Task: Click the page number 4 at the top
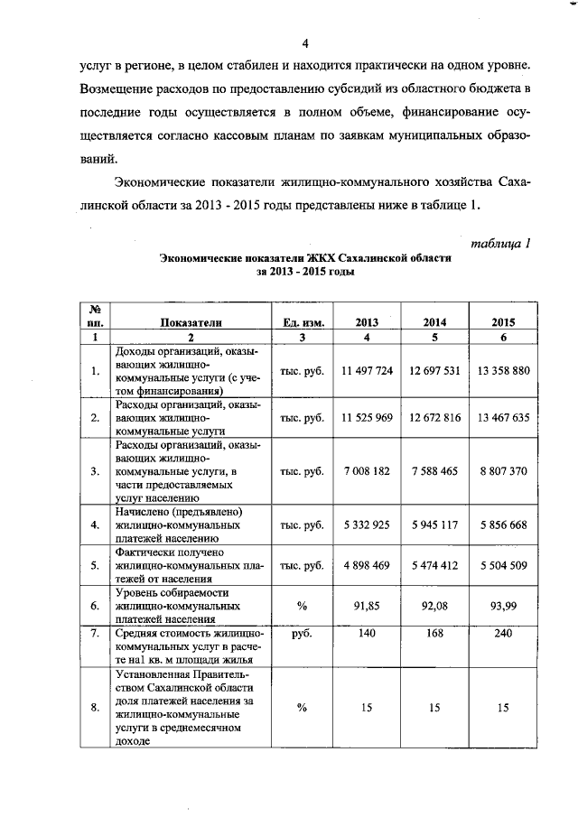(x=304, y=43)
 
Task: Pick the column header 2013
(x=367, y=322)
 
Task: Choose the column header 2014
(x=435, y=322)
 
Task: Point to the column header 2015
(x=503, y=322)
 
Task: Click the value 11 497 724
(x=367, y=371)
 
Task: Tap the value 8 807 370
(x=503, y=471)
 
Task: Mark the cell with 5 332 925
(x=367, y=524)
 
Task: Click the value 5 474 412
(x=435, y=565)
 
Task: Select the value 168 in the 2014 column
(x=435, y=635)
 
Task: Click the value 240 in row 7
(x=503, y=635)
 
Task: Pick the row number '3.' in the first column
(x=96, y=471)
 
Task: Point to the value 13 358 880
(x=503, y=371)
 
